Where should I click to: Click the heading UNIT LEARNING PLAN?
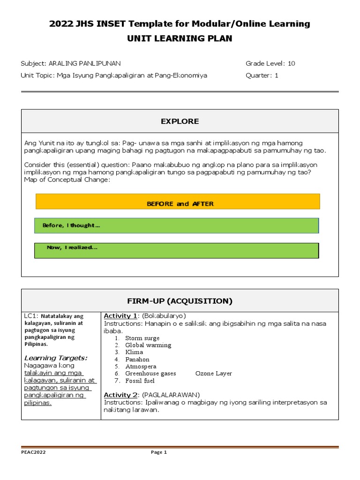pos(180,38)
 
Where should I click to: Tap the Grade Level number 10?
pos(292,63)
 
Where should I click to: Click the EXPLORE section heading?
pos(180,121)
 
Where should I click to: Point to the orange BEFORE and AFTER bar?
pos(178,202)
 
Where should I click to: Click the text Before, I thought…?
pos(71,225)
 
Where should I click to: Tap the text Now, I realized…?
pos(72,247)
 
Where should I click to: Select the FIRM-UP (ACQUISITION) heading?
pos(180,301)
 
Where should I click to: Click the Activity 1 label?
pos(120,316)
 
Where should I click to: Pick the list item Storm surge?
pos(142,338)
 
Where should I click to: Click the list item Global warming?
pos(148,345)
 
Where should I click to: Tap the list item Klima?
pos(134,352)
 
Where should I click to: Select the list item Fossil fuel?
pos(140,381)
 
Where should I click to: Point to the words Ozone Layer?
pos(213,374)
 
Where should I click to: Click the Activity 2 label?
pos(120,395)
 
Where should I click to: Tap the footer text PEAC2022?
pos(34,452)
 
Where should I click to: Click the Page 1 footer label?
pos(158,452)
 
